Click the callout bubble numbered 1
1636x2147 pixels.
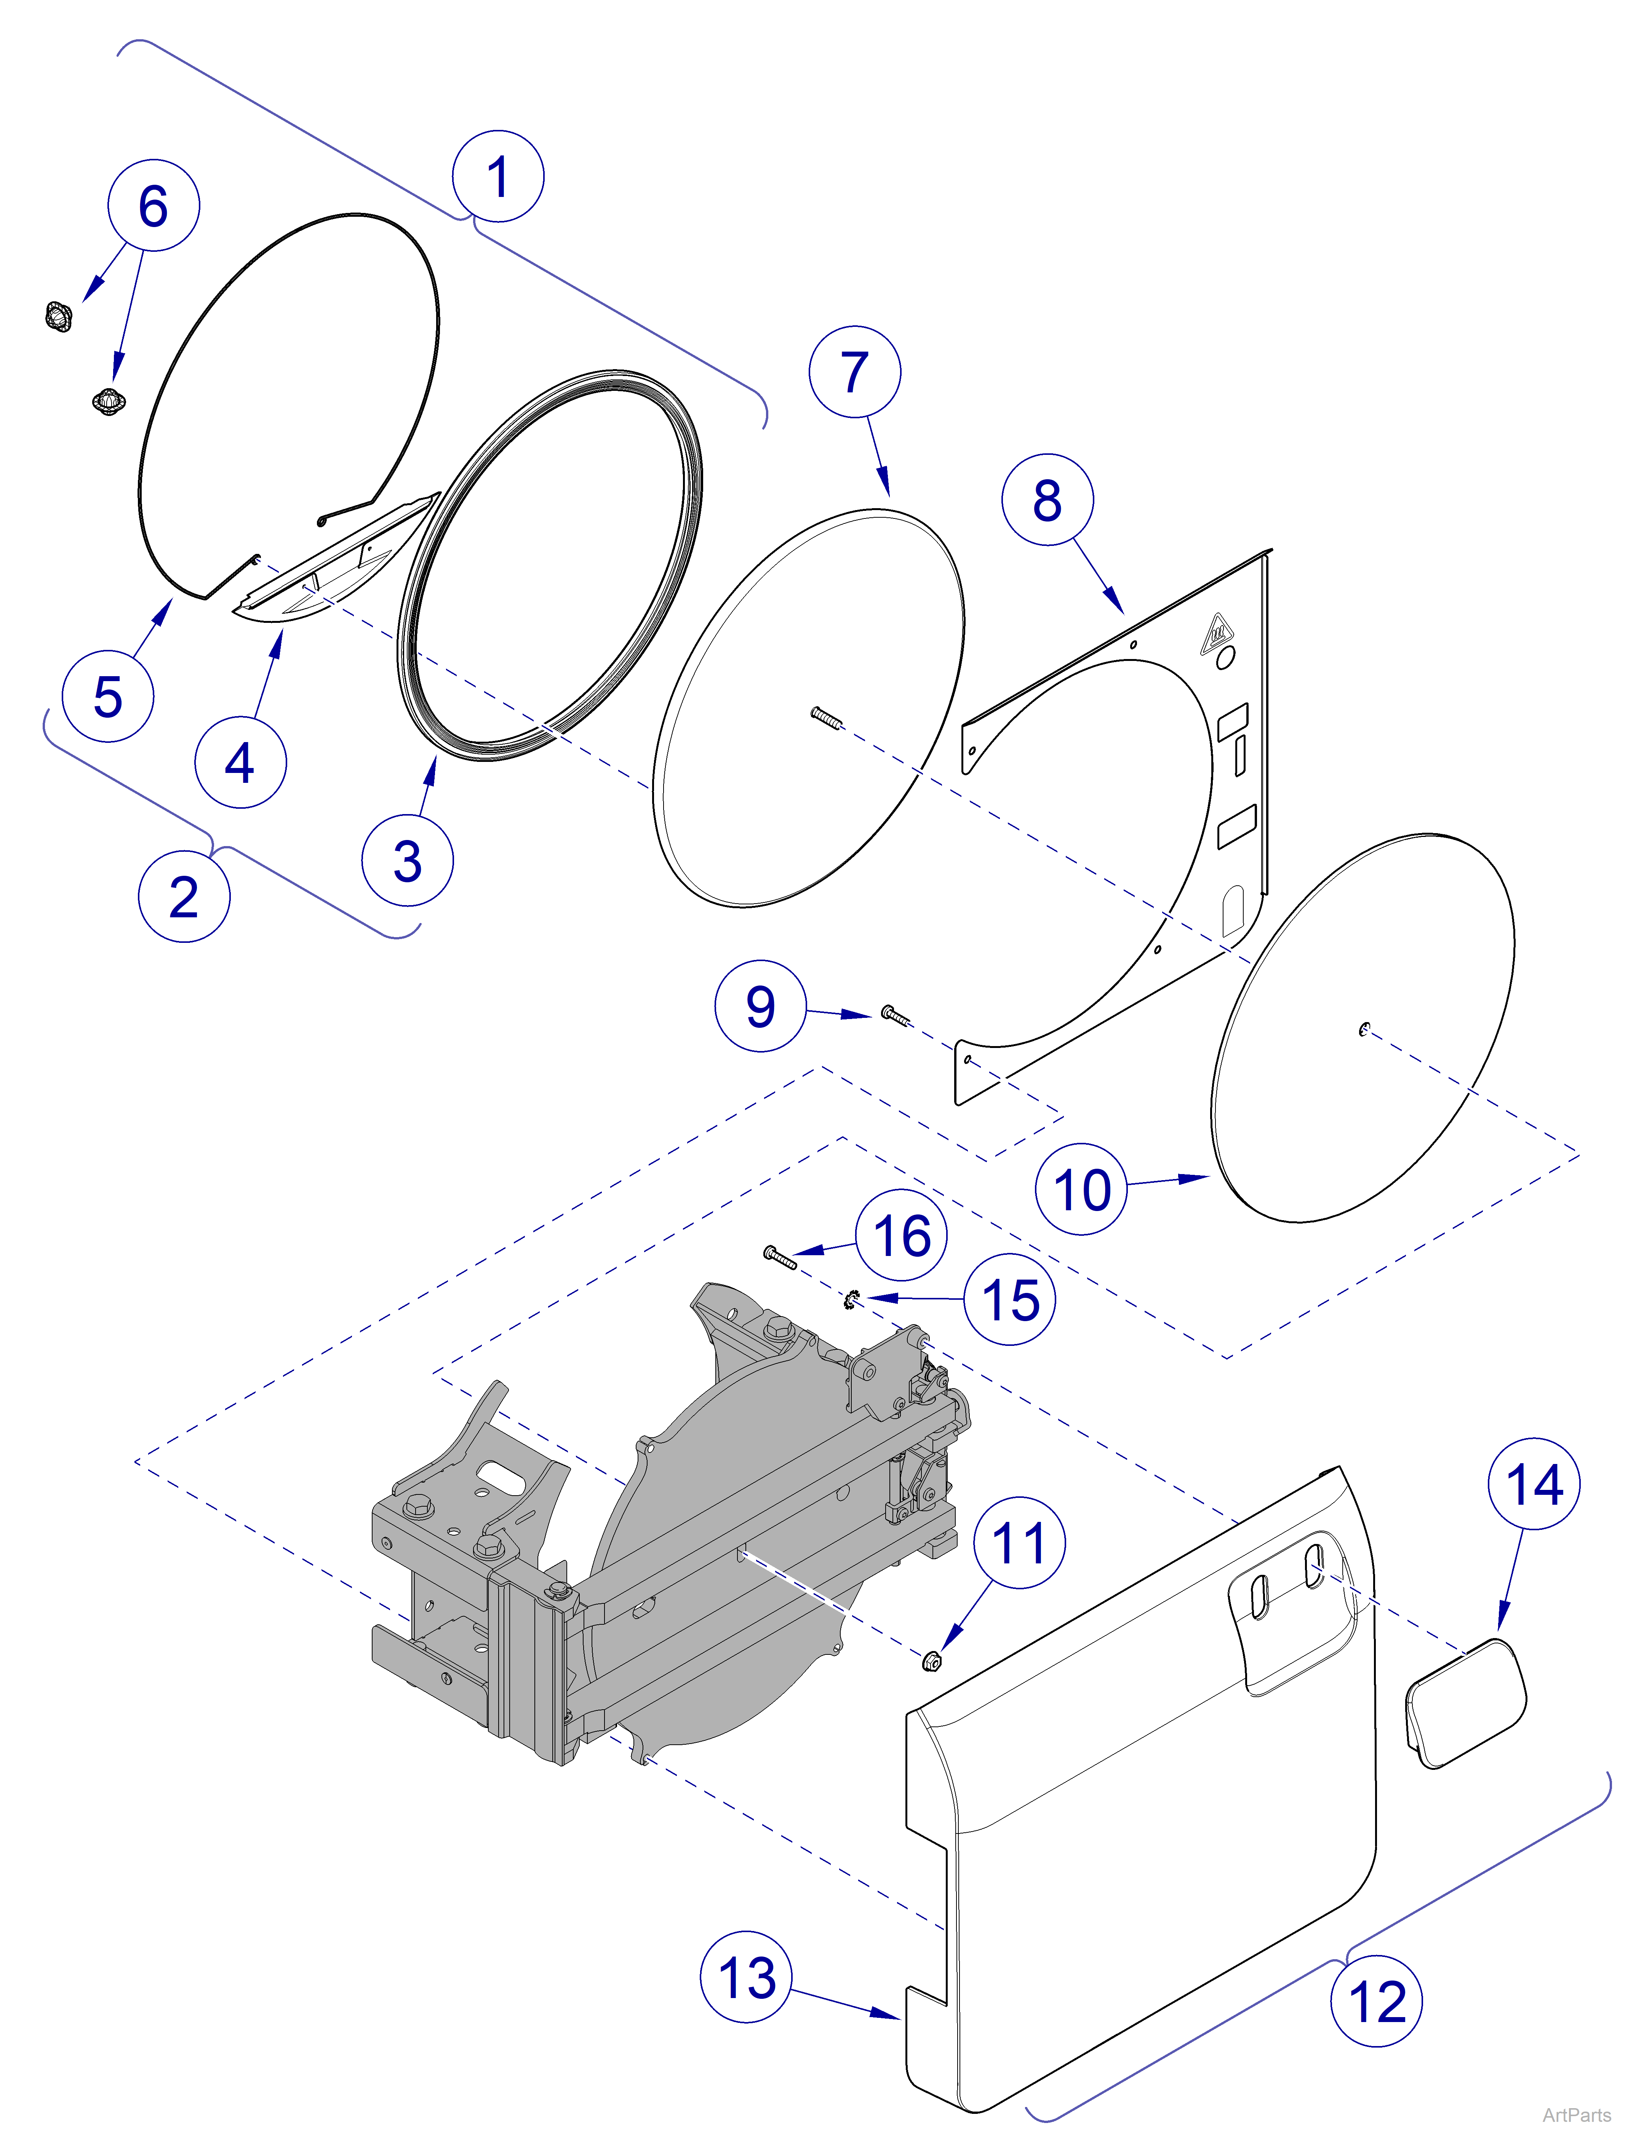[497, 176]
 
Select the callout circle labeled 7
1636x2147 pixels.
[854, 372]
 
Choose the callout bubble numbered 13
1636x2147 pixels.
[746, 1977]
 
